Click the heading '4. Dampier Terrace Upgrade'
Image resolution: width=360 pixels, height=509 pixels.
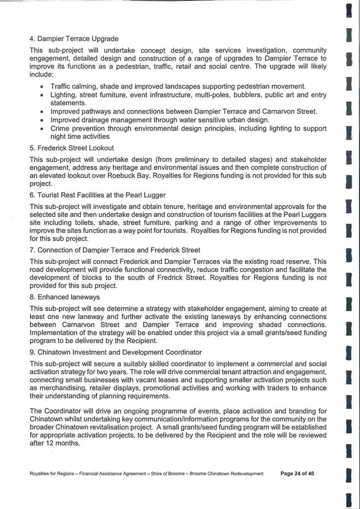coord(74,39)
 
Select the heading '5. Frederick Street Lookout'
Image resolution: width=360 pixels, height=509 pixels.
coord(72,148)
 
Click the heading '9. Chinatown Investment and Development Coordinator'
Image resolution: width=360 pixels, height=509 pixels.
coord(116,352)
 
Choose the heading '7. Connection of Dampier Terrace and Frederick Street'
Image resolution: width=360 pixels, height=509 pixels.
coord(115,250)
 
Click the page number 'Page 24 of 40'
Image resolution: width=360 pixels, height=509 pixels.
coord(297,473)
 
